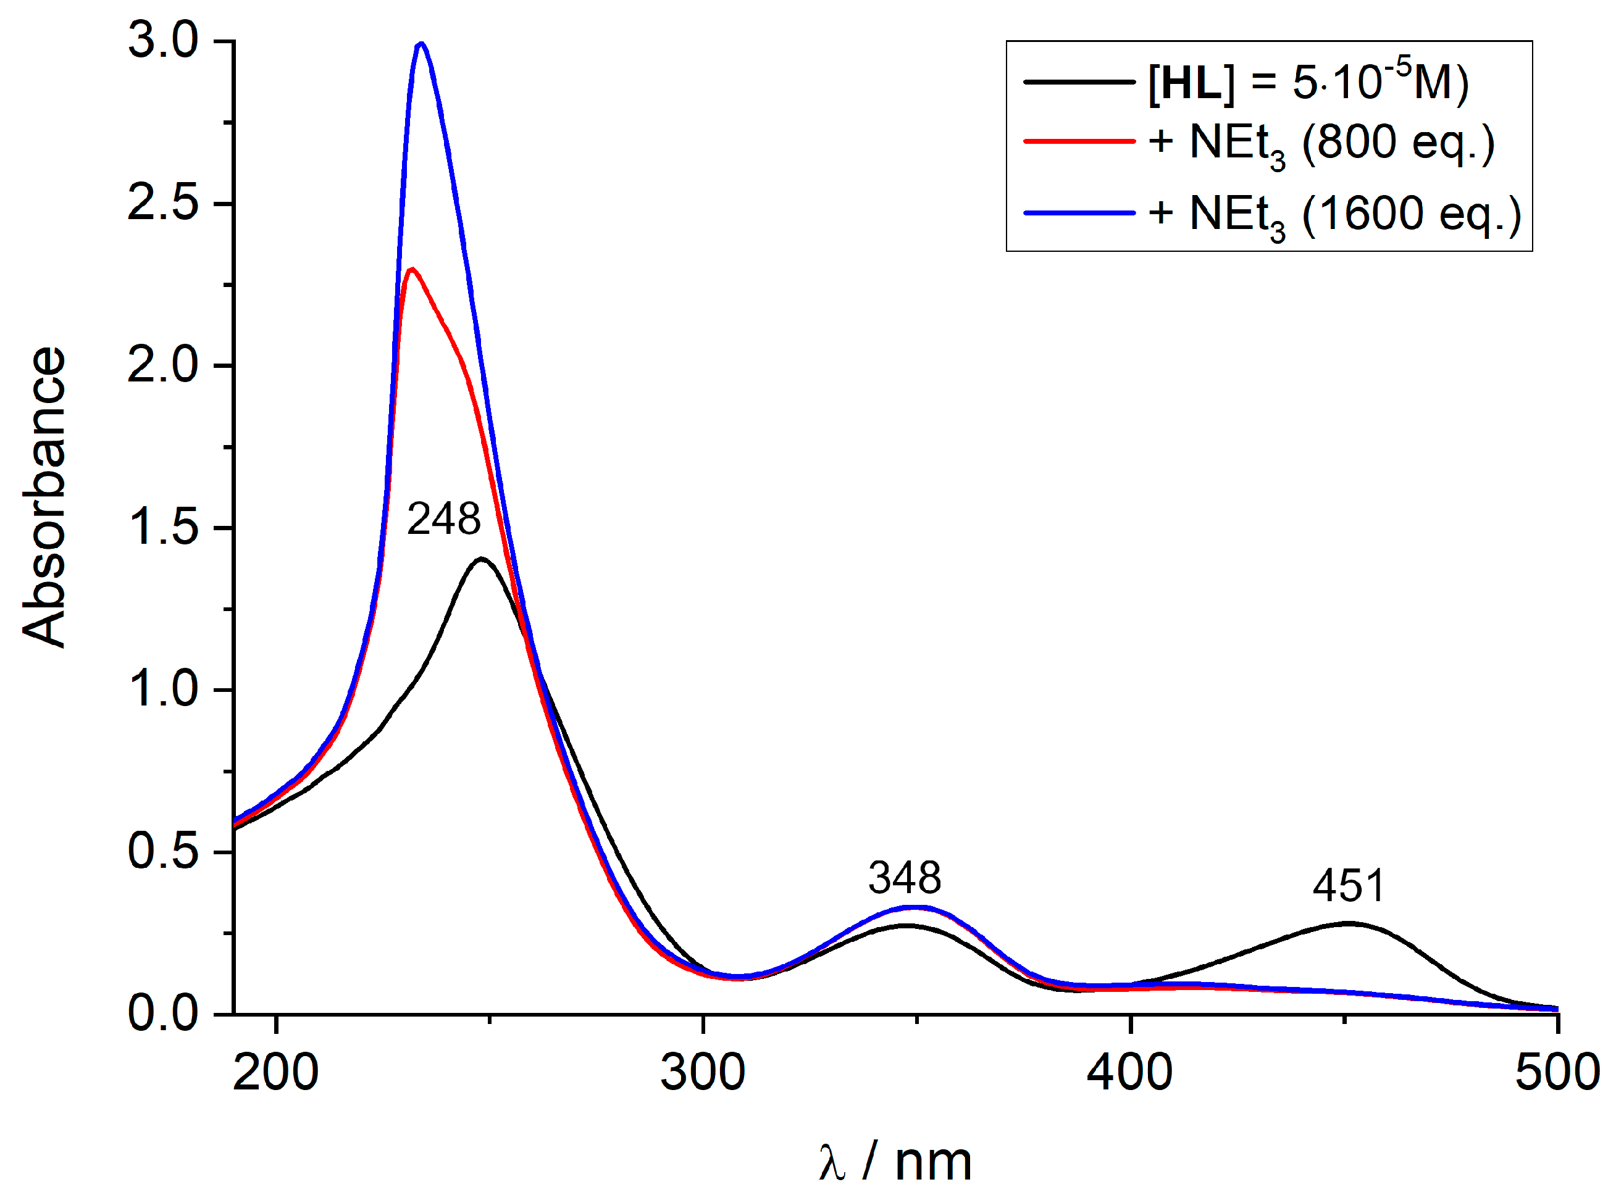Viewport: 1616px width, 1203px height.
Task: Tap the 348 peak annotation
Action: (904, 878)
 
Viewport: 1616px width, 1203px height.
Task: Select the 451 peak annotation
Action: (1348, 886)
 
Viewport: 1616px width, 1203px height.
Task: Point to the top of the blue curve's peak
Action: (421, 44)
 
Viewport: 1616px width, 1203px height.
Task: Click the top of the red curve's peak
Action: (412, 270)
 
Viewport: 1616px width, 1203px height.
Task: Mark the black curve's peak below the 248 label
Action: (482, 559)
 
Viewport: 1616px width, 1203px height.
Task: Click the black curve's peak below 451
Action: (1348, 923)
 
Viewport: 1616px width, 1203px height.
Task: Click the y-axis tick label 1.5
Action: (162, 527)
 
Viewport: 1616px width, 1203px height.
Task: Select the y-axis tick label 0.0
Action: (162, 1013)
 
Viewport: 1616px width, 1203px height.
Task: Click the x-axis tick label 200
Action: (275, 1073)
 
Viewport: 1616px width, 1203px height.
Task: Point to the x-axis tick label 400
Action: (1129, 1073)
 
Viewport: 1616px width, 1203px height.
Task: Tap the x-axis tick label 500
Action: (1556, 1073)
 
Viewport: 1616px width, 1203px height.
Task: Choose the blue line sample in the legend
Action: (1079, 214)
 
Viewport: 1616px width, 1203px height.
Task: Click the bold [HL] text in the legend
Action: (1191, 83)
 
